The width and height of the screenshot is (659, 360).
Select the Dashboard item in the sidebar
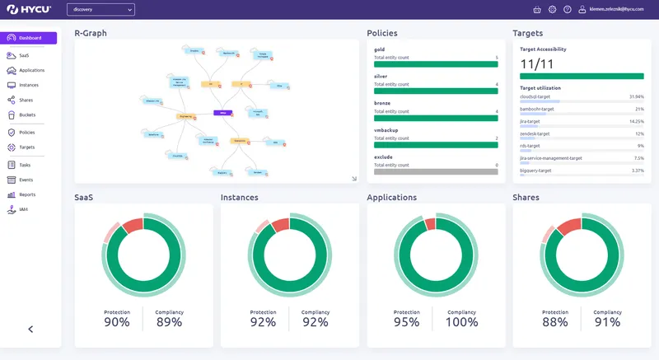30,38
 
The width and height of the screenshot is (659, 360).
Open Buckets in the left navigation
26,115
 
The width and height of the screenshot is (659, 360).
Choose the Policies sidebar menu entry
26,132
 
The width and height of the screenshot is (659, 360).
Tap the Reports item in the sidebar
27,194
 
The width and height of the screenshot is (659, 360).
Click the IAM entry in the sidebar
24,209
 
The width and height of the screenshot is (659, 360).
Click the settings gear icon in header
552,9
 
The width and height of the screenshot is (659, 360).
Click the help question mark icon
567,9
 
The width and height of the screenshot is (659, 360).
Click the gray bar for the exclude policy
436,171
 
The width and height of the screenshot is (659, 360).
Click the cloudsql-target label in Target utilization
540,96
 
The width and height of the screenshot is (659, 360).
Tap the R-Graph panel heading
91,33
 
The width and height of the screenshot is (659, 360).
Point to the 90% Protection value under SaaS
117,322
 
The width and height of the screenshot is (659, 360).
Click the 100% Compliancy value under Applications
460,322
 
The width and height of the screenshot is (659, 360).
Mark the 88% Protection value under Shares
554,322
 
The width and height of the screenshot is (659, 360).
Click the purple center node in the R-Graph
220,112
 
